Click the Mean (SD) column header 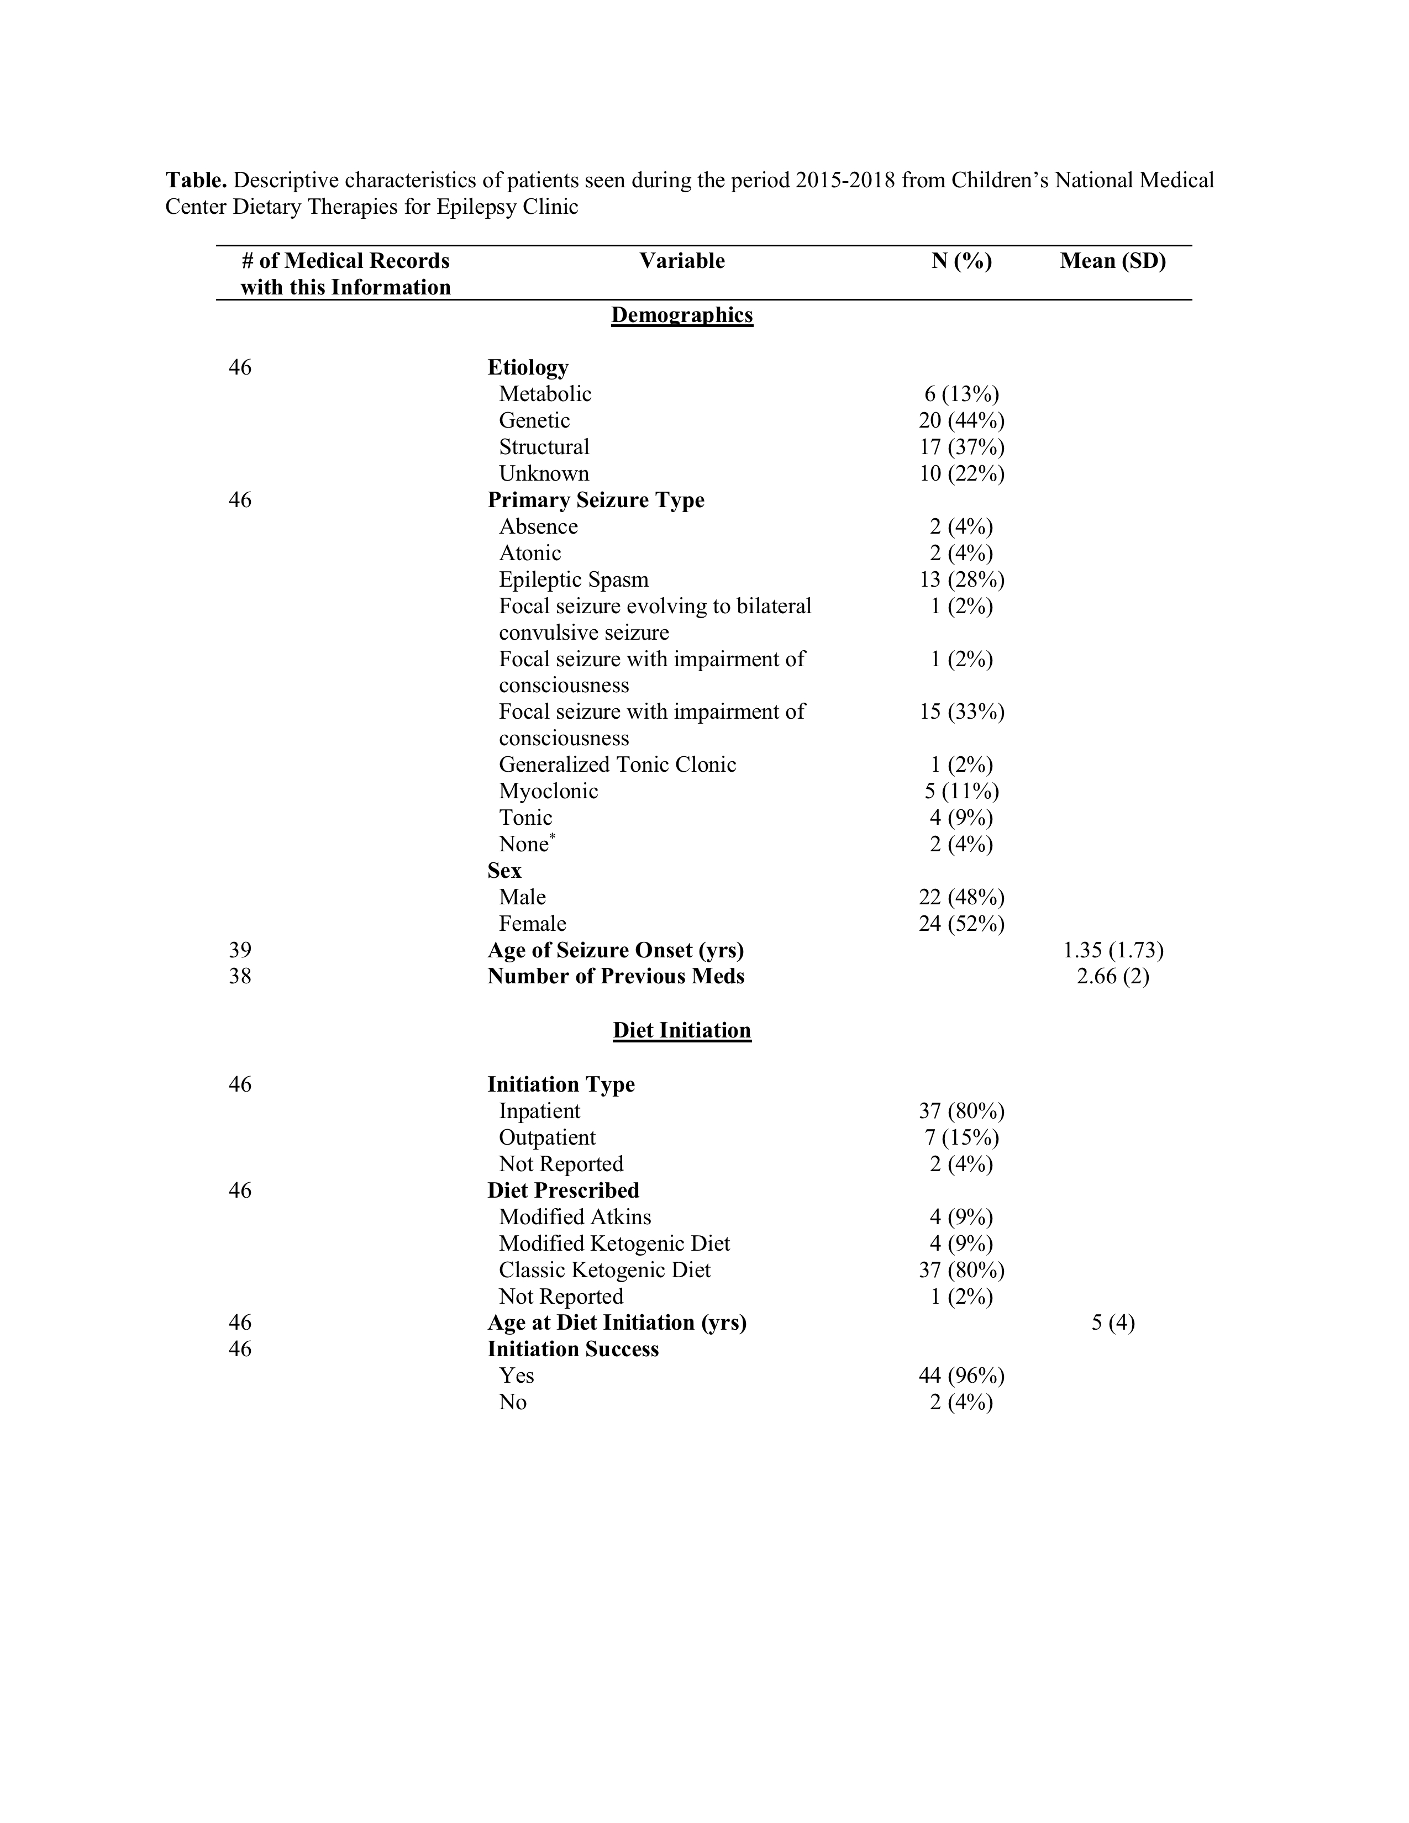click(1113, 261)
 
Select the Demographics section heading click(682, 315)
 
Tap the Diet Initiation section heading click(682, 1030)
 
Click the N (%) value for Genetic click(961, 421)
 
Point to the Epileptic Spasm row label click(574, 579)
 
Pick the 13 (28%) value click(961, 579)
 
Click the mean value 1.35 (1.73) click(1113, 950)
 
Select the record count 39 click(240, 950)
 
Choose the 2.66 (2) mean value click(1113, 977)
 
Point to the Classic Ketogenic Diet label click(605, 1271)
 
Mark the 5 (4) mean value click(1113, 1323)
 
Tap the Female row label click(533, 924)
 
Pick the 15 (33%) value click(961, 712)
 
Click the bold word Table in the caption click(196, 180)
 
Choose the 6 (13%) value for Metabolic click(961, 394)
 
